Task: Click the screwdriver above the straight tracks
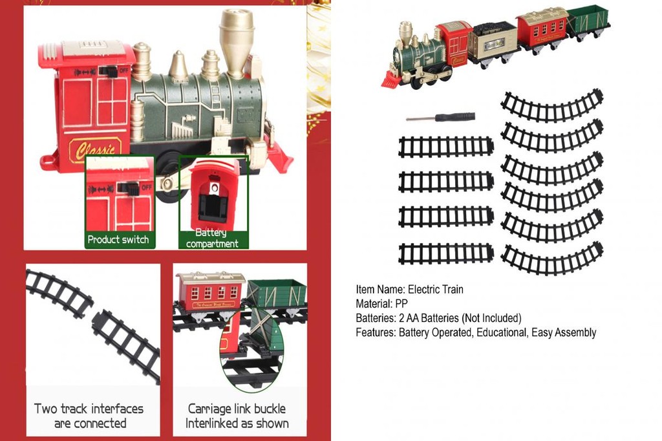pyautogui.click(x=441, y=117)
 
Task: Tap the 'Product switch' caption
pyautogui.click(x=118, y=239)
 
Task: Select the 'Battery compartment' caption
pyautogui.click(x=212, y=238)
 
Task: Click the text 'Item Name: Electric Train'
pyautogui.click(x=409, y=290)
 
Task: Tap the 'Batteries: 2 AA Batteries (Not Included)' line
pyautogui.click(x=438, y=318)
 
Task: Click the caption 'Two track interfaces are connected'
pyautogui.click(x=89, y=416)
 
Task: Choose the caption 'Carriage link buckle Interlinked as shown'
pyautogui.click(x=237, y=416)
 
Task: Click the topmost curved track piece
pyautogui.click(x=553, y=106)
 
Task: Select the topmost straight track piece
pyautogui.click(x=446, y=147)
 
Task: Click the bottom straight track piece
pyautogui.click(x=446, y=253)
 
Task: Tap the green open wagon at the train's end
pyautogui.click(x=588, y=21)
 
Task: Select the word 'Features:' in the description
pyautogui.click(x=376, y=332)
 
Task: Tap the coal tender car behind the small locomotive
pyautogui.click(x=493, y=40)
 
